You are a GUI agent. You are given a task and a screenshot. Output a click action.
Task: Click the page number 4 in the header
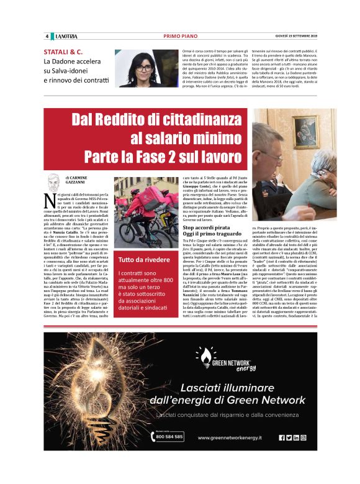[x=47, y=36]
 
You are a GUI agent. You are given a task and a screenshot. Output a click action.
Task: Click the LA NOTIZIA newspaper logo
[x=65, y=36]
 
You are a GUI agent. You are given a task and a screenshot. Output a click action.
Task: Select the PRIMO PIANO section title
[x=180, y=36]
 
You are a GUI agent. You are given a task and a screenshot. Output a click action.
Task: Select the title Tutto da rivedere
[x=143, y=258]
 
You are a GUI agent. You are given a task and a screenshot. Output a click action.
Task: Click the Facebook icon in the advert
[x=281, y=437]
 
